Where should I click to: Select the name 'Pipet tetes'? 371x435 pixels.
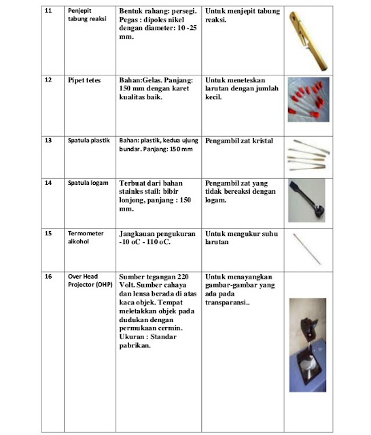tap(84, 80)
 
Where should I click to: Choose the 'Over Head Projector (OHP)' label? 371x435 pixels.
tap(90, 281)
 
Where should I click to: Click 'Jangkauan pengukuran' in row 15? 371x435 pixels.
tap(157, 233)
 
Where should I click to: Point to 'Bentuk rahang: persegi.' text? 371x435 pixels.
tap(158, 12)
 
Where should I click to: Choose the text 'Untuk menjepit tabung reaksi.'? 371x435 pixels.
tap(241, 16)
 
